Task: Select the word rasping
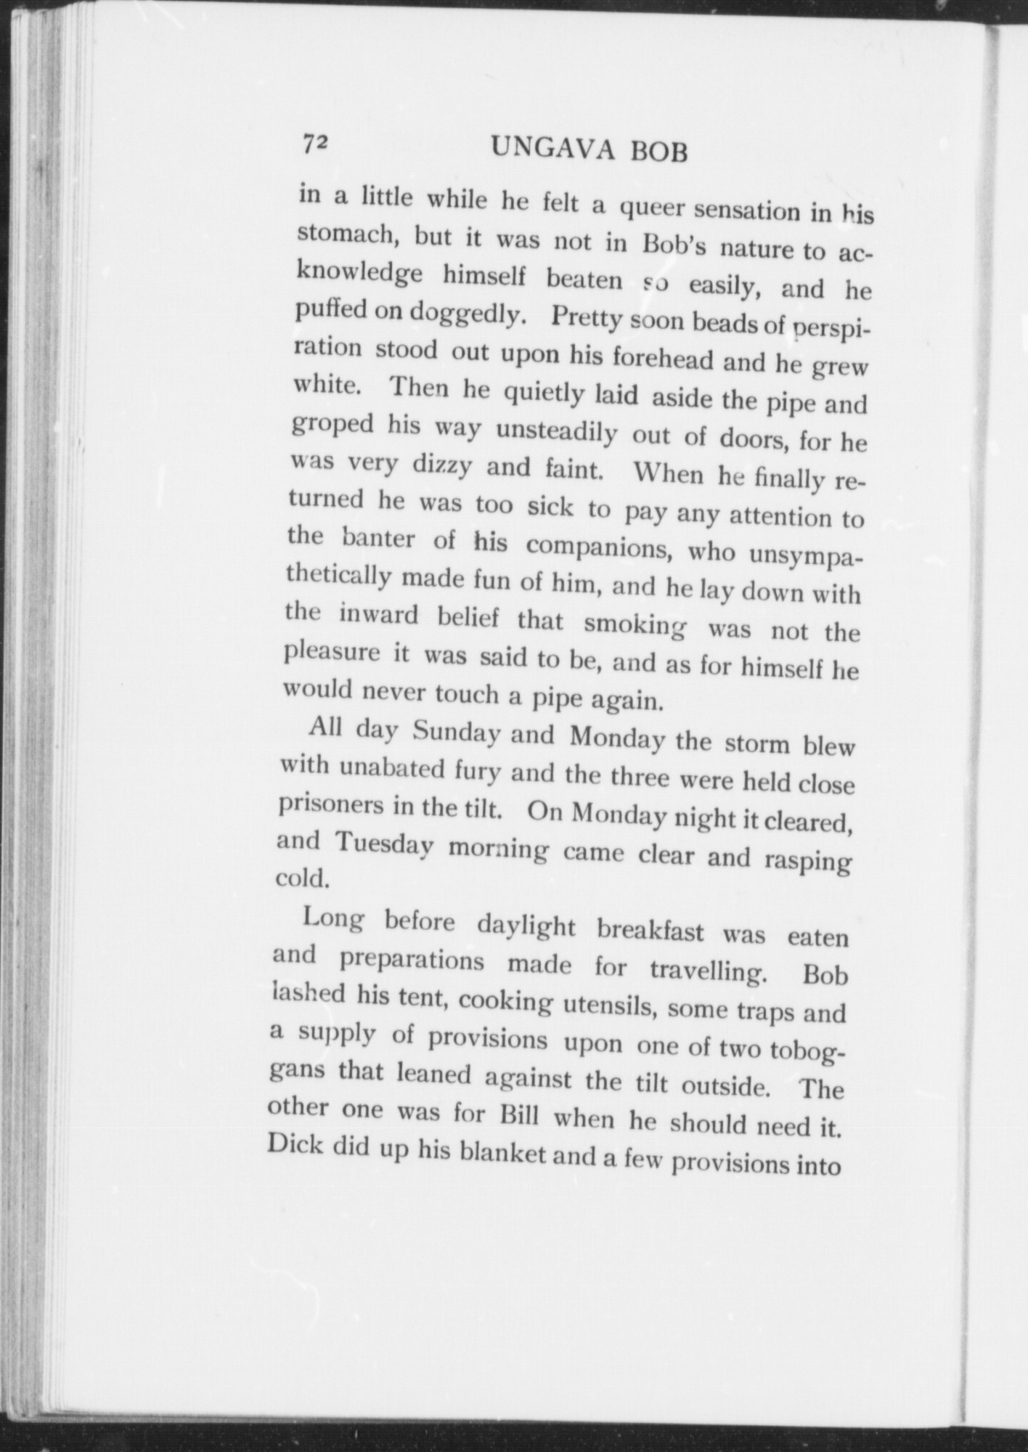pos(807,860)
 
